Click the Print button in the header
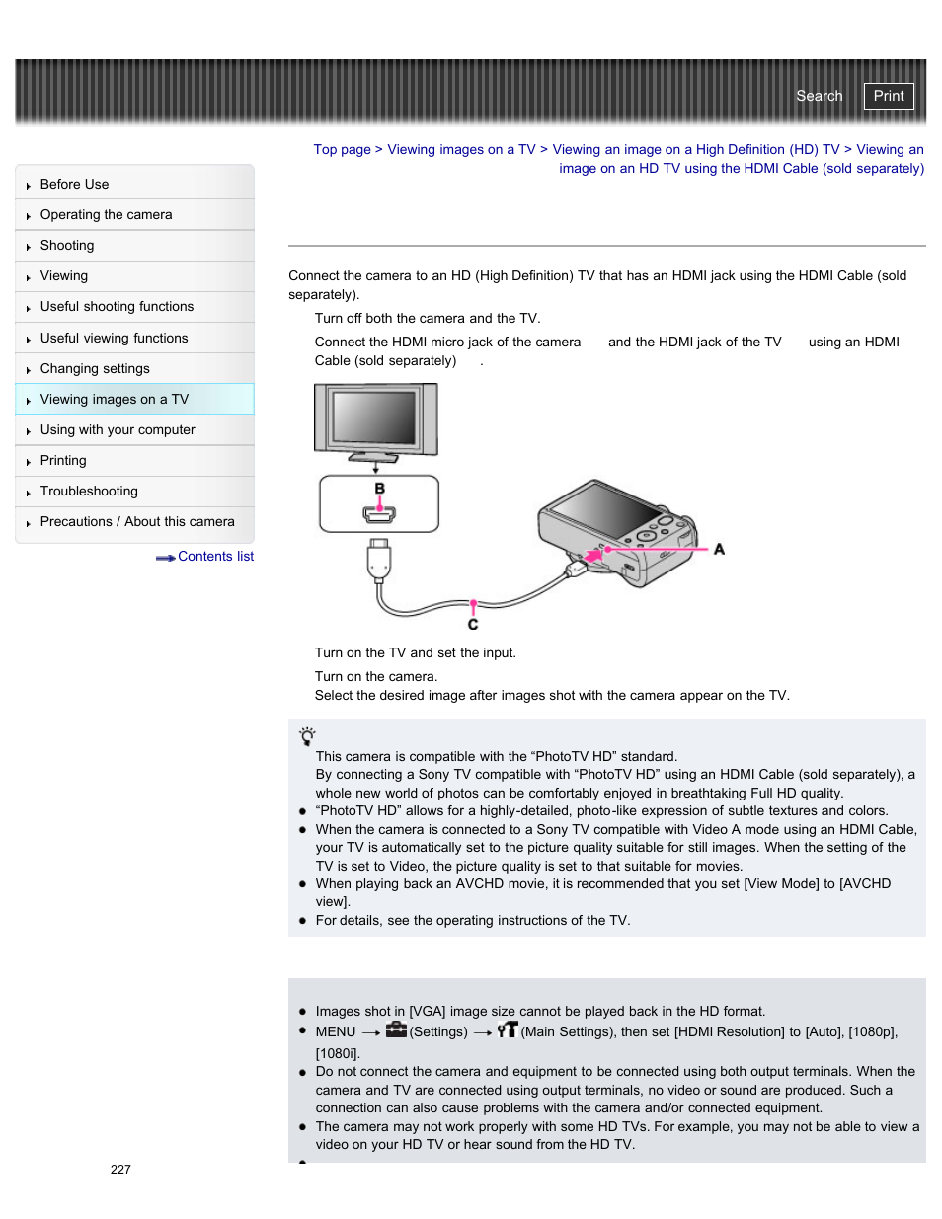tap(888, 96)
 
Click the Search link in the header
tap(819, 96)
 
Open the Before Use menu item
tap(74, 185)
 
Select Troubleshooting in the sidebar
tap(89, 492)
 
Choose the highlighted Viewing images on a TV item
tap(114, 400)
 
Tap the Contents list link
tap(214, 557)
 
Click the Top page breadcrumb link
tap(342, 150)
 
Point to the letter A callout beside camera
tap(719, 549)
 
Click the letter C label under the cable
tap(473, 625)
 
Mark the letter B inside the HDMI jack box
tap(379, 489)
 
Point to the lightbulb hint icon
tap(307, 736)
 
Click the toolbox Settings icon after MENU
tap(396, 1030)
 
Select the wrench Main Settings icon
tap(508, 1030)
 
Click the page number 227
tap(120, 1170)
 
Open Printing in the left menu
tap(63, 461)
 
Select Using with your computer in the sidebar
tap(118, 430)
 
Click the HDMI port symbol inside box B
tap(379, 513)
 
